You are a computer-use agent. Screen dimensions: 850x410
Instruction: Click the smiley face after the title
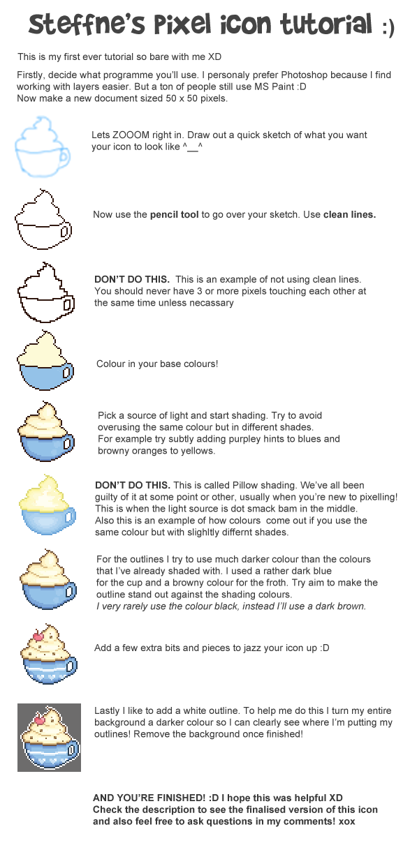coord(388,29)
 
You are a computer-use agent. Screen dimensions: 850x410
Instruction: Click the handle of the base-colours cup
coord(68,372)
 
